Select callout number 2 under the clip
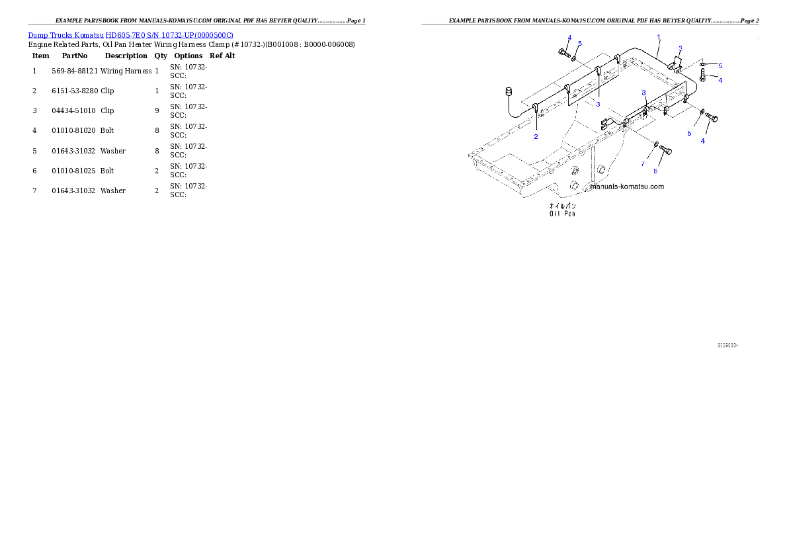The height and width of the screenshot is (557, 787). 536,137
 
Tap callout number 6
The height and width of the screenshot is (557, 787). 655,171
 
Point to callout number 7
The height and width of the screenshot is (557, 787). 642,163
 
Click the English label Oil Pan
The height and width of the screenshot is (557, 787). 562,214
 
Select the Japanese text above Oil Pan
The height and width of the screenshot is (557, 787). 562,206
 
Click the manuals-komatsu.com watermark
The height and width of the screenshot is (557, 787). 627,187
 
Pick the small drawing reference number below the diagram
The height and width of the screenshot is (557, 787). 727,345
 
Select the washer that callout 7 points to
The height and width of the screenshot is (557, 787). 655,144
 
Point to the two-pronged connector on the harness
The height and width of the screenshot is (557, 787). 604,124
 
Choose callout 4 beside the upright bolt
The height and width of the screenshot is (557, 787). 720,80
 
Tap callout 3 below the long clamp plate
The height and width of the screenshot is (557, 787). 598,104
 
